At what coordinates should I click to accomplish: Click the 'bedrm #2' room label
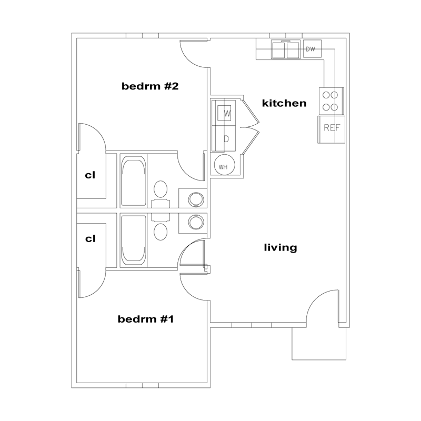tap(150, 86)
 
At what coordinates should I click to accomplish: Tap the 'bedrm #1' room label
tap(146, 319)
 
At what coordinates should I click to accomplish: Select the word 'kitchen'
tap(284, 103)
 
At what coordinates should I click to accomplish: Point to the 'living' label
tap(280, 247)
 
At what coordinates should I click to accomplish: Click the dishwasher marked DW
tap(312, 48)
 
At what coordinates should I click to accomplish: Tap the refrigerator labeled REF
tap(332, 129)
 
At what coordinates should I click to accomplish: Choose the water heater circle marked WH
tap(225, 165)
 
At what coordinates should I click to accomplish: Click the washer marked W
tap(224, 113)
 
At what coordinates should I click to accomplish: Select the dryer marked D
tap(224, 138)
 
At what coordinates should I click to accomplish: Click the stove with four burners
tap(332, 101)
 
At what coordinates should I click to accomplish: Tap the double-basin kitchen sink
tap(285, 49)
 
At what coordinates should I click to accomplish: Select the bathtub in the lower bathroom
tap(134, 240)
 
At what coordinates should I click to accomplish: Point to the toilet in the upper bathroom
tap(161, 194)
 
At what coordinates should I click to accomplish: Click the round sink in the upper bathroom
tap(196, 199)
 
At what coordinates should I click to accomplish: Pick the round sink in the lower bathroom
tap(196, 222)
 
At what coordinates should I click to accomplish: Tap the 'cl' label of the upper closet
tap(90, 175)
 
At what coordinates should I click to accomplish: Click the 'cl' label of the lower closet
tap(90, 239)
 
